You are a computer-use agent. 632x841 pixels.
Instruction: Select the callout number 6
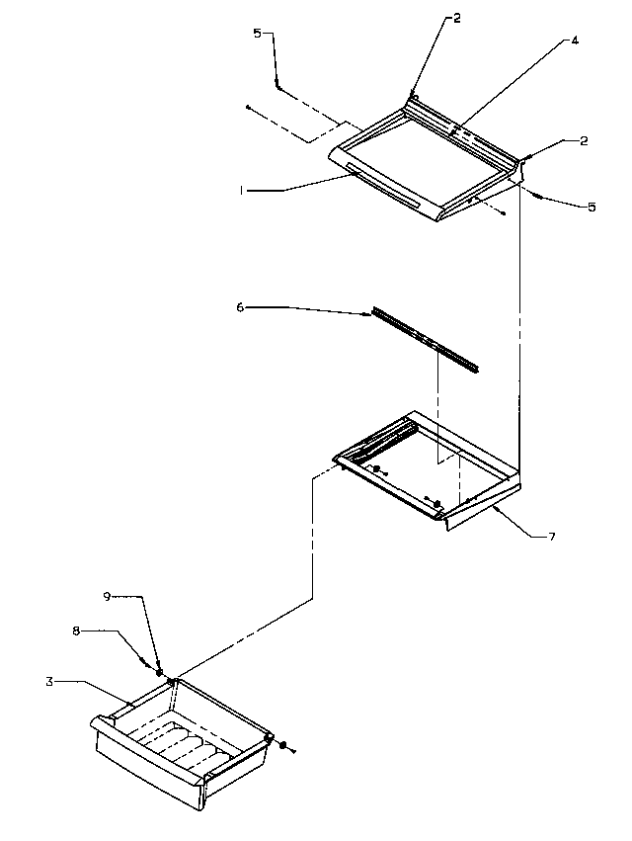(x=240, y=308)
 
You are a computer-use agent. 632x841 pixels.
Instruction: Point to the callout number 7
(x=552, y=537)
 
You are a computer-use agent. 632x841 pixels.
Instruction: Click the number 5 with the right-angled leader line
(x=258, y=34)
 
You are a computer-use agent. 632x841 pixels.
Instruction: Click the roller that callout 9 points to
(x=171, y=682)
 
